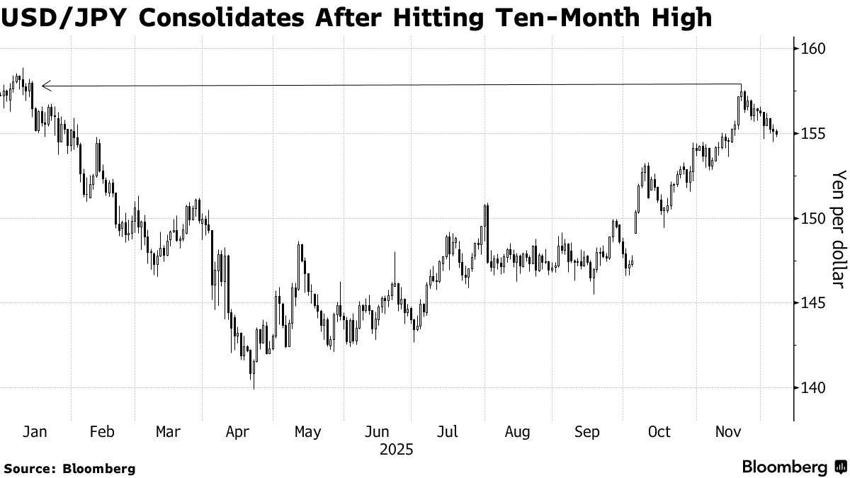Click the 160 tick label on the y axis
pos(814,49)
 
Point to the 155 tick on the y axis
pos(814,133)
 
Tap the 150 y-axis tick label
pos(814,218)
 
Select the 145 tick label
pos(814,302)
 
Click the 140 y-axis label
pos(814,387)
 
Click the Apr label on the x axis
pos(237,431)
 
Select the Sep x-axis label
pos(587,431)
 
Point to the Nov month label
pos(727,431)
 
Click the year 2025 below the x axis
pos(396,450)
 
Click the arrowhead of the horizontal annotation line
pos(44,86)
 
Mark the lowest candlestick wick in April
pos(253,386)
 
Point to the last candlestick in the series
pos(777,133)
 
